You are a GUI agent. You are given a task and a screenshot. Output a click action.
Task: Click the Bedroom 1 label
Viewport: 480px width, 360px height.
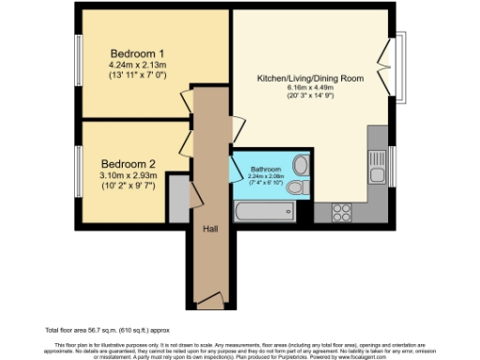point(138,52)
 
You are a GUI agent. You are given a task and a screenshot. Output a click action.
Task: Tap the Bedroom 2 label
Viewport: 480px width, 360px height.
point(127,162)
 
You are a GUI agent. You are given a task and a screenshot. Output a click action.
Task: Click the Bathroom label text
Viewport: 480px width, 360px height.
point(265,169)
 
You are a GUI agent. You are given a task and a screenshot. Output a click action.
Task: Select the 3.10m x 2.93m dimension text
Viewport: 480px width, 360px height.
point(128,174)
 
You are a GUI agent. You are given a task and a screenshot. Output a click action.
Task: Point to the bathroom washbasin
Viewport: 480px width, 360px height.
point(301,165)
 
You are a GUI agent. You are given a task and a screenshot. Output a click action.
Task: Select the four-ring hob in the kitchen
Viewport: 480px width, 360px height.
point(341,211)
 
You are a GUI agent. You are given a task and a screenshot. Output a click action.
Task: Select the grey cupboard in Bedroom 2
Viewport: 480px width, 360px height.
point(178,208)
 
